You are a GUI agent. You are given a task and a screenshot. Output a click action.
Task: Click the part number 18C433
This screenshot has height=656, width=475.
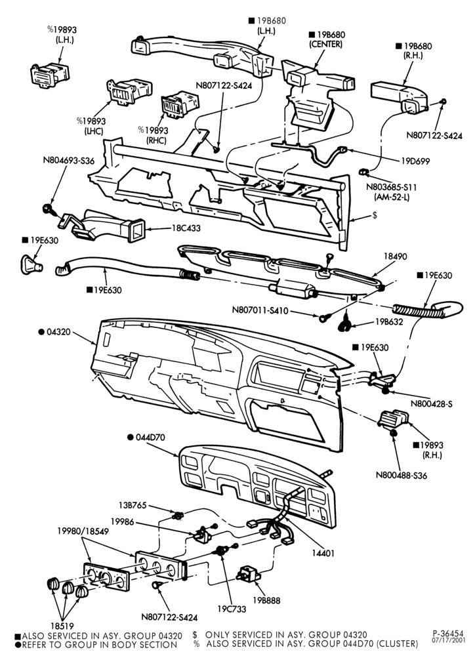pos(186,228)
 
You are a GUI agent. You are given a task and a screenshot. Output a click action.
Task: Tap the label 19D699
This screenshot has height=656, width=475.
pos(415,161)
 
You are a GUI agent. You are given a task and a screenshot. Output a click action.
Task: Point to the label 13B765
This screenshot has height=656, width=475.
pos(133,505)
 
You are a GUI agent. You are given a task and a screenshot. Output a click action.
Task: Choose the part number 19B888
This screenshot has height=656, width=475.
pos(266,600)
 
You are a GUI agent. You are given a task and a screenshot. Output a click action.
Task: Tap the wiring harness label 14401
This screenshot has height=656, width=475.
pos(323,553)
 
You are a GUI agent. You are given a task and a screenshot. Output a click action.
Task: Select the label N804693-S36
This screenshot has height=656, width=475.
pos(69,160)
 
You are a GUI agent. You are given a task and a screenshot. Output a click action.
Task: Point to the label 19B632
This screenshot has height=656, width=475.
pos(389,322)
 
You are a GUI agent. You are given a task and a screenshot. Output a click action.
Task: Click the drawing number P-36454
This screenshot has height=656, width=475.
pos(448,634)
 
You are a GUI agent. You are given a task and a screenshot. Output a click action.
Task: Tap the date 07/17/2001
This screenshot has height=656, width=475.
pos(448,640)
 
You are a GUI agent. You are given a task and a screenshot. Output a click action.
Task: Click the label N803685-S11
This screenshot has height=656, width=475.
pos(391,187)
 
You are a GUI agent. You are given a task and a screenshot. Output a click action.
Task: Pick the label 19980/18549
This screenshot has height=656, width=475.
pos(83,531)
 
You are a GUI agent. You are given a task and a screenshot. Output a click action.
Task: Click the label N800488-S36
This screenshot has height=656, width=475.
pos(402,476)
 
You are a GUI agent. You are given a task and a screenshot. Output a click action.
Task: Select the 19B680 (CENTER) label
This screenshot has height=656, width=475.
pos(327,39)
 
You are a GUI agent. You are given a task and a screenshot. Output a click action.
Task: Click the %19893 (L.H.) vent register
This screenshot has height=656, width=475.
pos(50,75)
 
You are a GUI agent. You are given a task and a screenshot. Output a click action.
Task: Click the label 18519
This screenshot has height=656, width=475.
pos(62,626)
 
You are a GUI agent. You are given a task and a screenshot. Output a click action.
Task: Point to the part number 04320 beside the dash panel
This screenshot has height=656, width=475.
pos(58,332)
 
